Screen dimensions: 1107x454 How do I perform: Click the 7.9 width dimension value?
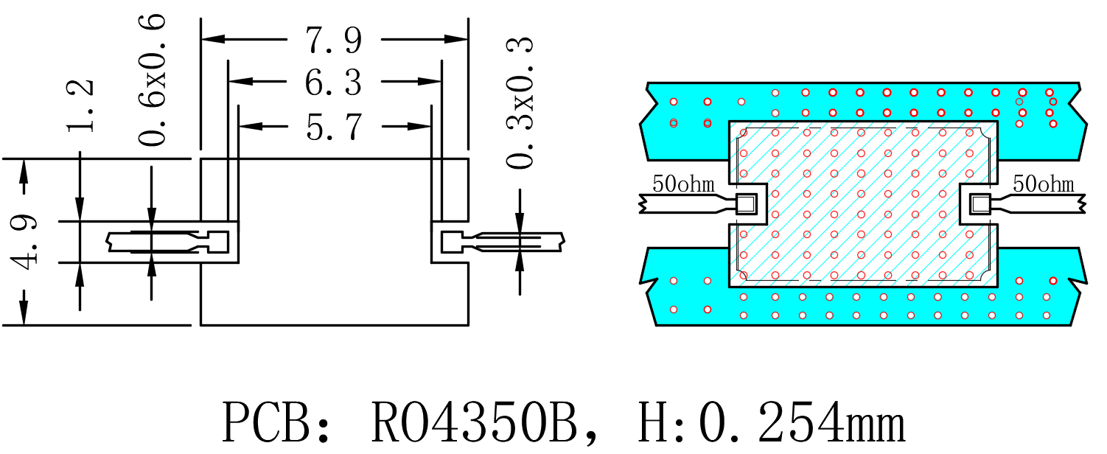[x=334, y=40]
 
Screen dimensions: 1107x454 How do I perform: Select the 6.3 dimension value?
[x=334, y=82]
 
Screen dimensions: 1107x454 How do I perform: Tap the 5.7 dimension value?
[x=335, y=127]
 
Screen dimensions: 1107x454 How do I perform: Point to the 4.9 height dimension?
[x=24, y=242]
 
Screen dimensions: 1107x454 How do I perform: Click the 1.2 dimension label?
[x=80, y=105]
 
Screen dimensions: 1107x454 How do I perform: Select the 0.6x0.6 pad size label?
[x=152, y=80]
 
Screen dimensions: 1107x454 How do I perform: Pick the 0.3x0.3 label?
[x=520, y=102]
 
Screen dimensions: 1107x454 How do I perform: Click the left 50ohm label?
[x=683, y=184]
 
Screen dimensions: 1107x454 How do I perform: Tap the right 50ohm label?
[x=1044, y=184]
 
